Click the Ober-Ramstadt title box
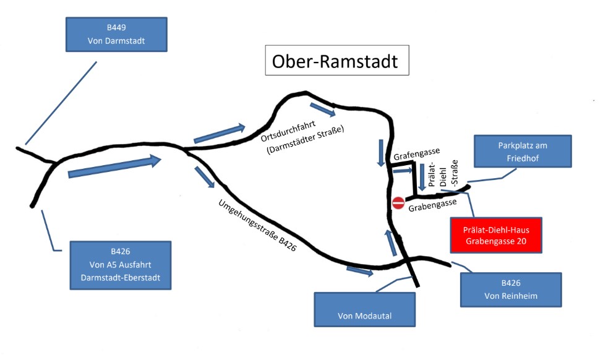pos(337,61)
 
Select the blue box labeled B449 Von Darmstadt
pos(116,35)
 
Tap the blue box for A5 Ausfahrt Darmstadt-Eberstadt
pos(120,265)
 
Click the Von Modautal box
pos(365,309)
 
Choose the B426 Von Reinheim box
pos(511,289)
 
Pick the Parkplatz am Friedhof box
pos(523,151)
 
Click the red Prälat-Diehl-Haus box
pos(496,235)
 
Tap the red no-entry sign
pos(399,202)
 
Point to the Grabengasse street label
pos(433,205)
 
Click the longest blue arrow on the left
pos(114,167)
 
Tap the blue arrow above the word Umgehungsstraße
pos(205,177)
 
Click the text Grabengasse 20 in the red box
pos(496,241)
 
